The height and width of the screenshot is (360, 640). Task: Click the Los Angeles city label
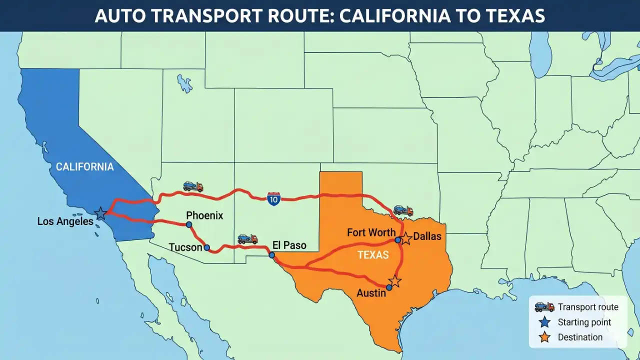tap(65, 221)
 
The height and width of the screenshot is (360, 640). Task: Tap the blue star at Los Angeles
tap(100, 213)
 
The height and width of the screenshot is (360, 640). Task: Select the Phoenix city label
tap(204, 215)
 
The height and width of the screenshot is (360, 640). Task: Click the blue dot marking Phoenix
tap(189, 224)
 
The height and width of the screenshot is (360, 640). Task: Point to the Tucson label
tap(185, 247)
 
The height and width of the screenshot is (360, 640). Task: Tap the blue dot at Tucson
tap(206, 247)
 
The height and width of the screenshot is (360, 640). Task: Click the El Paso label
tap(289, 245)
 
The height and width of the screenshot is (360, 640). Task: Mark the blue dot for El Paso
tap(271, 255)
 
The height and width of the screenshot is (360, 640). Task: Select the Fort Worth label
tap(371, 232)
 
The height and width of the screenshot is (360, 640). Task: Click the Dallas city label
tap(427, 236)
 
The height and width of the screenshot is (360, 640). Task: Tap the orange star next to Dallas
tap(405, 238)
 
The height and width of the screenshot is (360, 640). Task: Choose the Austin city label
tap(371, 293)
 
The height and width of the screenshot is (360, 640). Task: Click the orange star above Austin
tap(395, 281)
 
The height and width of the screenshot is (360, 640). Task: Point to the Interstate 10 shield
tap(273, 198)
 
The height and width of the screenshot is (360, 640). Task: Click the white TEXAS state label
tap(373, 255)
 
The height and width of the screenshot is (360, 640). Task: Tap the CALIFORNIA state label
tap(84, 167)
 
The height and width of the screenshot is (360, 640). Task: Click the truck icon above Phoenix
tap(193, 186)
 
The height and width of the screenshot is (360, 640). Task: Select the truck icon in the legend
tap(544, 307)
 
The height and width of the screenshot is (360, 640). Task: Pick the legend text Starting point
tap(584, 322)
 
